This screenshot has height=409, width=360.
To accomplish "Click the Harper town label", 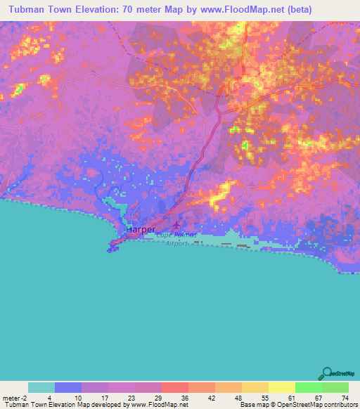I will tap(141, 229).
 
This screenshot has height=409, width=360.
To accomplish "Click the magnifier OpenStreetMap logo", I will tap(326, 374).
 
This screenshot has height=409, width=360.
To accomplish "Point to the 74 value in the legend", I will tap(345, 397).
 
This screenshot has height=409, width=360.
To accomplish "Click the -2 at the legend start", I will tap(24, 397).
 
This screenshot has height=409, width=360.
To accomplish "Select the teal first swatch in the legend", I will tap(41, 387).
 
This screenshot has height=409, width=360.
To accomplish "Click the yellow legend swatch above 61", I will tap(281, 387).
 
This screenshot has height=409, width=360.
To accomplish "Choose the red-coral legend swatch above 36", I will tap(174, 387).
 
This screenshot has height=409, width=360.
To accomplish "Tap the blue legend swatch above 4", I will tap(68, 387).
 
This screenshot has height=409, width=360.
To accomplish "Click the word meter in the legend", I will tap(11, 397).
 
